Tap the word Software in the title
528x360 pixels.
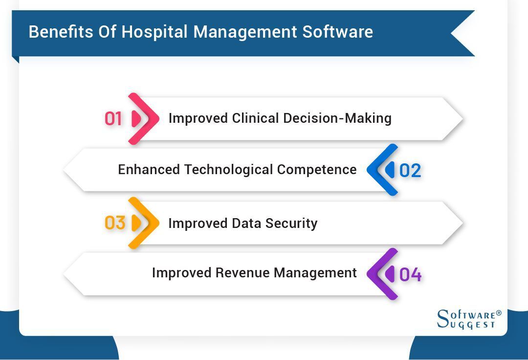click(337, 32)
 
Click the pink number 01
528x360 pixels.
click(113, 119)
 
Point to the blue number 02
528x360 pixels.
click(410, 170)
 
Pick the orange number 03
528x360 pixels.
click(115, 223)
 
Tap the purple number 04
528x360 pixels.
click(410, 275)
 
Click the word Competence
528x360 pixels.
click(317, 170)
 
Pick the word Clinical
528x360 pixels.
click(254, 118)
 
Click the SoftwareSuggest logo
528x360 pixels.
click(469, 319)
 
